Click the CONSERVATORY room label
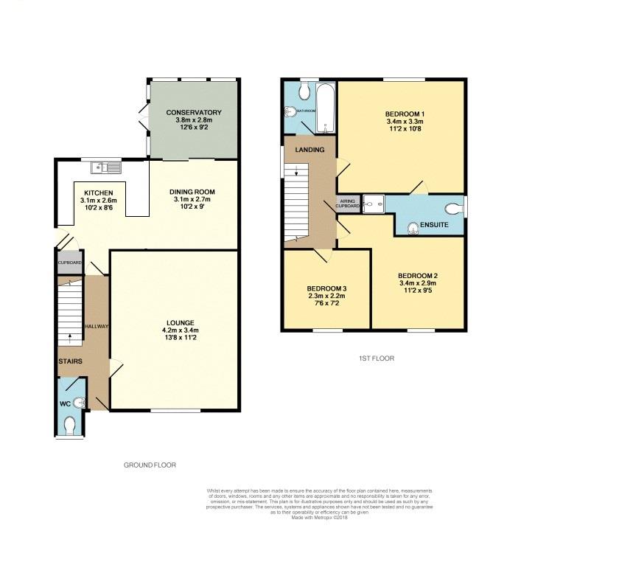tap(193, 113)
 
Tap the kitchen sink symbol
tap(111, 167)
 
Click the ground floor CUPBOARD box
tap(71, 263)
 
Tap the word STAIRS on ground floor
tap(71, 361)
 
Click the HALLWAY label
tap(97, 327)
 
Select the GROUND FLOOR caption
tap(150, 465)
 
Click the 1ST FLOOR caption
tap(372, 358)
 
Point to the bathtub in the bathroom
tap(325, 108)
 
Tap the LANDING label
tap(309, 150)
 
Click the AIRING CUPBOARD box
tap(348, 204)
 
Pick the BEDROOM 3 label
tap(326, 288)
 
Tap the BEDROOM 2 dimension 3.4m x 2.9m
tap(417, 283)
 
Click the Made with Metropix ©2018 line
tap(319, 517)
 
